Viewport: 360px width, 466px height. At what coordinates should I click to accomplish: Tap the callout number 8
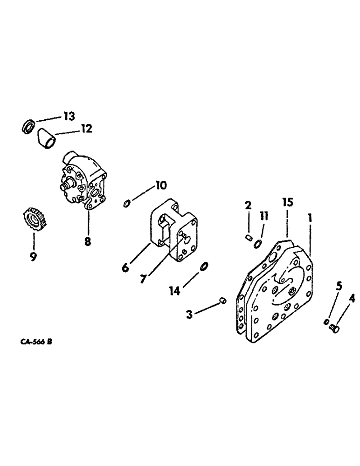click(x=88, y=241)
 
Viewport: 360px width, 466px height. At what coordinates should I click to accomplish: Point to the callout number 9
click(x=34, y=257)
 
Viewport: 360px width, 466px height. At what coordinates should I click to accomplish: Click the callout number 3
click(x=190, y=315)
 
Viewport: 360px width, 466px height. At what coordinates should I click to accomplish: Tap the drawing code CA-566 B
click(x=35, y=342)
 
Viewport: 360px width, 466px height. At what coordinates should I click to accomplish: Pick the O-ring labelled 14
click(x=204, y=266)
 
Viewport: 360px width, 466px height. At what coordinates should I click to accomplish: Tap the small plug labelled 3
click(x=223, y=301)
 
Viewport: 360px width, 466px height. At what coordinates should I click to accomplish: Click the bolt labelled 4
click(x=334, y=329)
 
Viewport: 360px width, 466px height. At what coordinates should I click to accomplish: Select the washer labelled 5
click(x=326, y=322)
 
